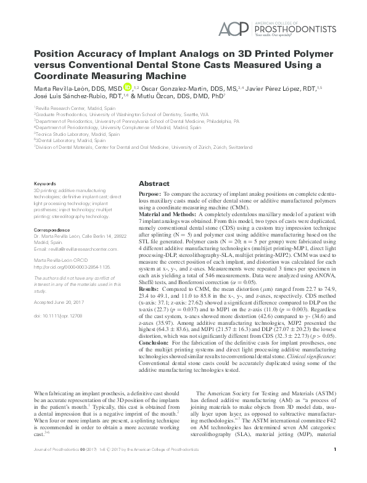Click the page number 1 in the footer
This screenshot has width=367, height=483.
334,467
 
